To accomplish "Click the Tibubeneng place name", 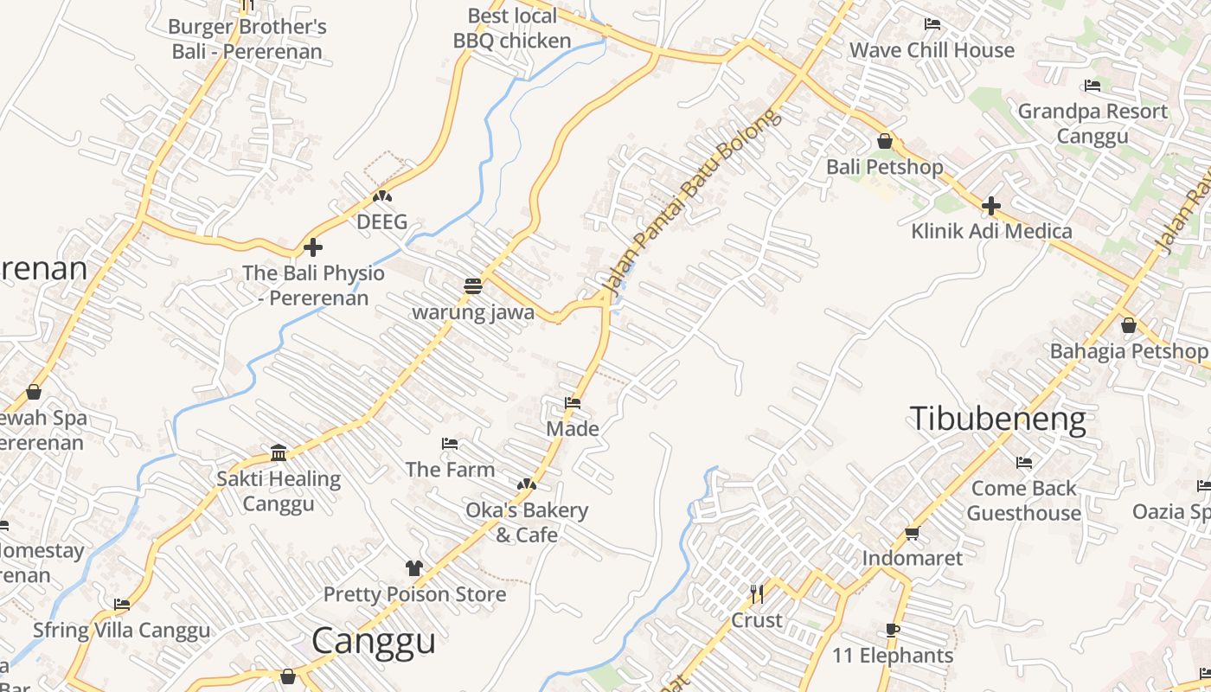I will [x=997, y=420].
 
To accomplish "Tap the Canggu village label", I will [x=373, y=641].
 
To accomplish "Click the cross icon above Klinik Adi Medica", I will [x=991, y=206].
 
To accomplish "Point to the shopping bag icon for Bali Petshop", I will [x=885, y=141].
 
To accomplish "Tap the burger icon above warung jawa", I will [x=472, y=286].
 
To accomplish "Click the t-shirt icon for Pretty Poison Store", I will [x=414, y=568].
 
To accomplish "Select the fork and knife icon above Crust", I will [x=757, y=594].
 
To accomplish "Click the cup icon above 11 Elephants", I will [x=893, y=630].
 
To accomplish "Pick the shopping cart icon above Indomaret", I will [x=912, y=533].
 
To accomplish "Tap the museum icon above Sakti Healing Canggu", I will [x=279, y=452].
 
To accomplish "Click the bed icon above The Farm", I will [x=450, y=444].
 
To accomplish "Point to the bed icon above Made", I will [x=573, y=403].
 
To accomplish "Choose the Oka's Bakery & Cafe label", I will [x=527, y=522].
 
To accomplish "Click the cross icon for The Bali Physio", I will [x=313, y=248].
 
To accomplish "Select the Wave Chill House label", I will [x=932, y=50].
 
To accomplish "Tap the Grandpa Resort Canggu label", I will [x=1092, y=124].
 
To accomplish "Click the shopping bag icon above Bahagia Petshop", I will [x=1129, y=326].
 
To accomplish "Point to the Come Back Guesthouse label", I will [x=1024, y=501].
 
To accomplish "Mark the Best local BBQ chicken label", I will [x=512, y=29].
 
